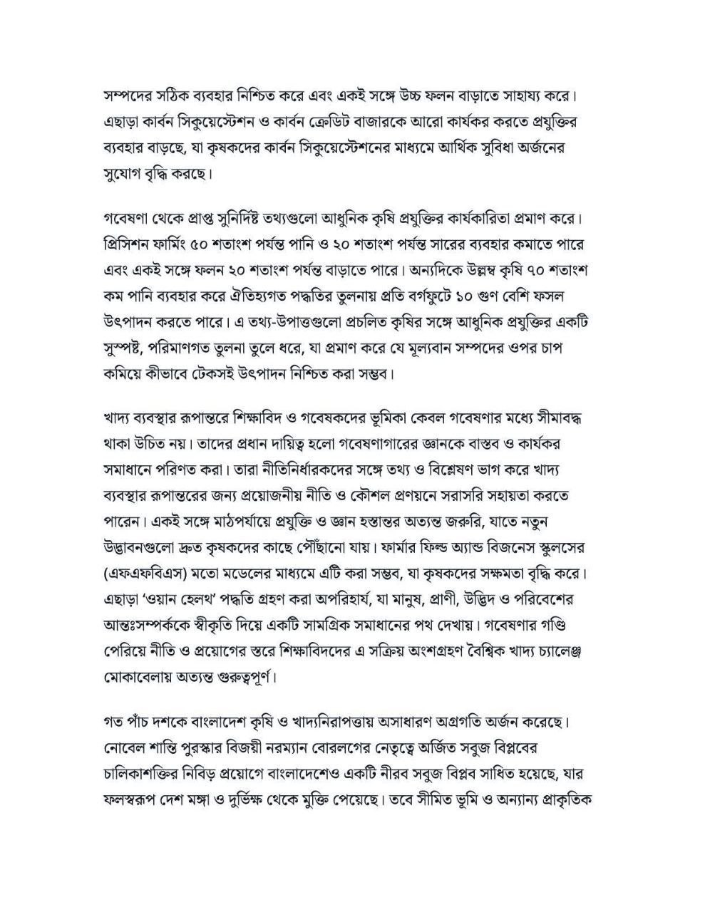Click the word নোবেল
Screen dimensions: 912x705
(124, 747)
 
